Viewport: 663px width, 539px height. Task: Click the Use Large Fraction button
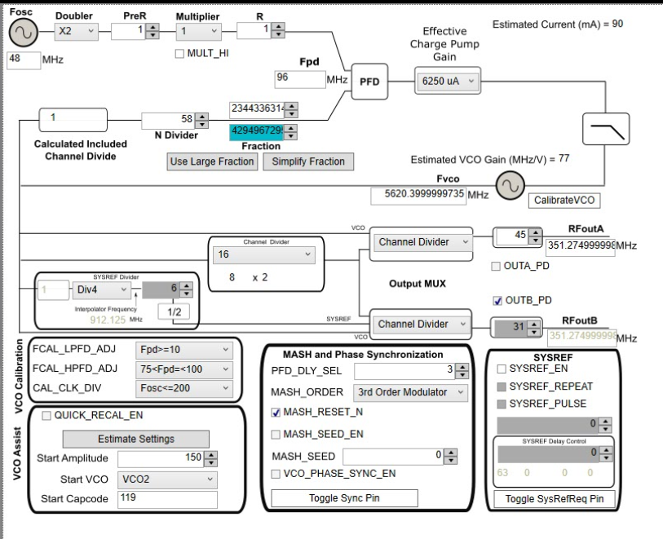click(x=212, y=161)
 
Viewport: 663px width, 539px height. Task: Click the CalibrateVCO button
click(x=563, y=199)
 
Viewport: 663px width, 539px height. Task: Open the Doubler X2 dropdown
click(x=77, y=31)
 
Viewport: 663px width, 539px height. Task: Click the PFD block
click(x=370, y=81)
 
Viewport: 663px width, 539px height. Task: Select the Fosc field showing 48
click(x=24, y=59)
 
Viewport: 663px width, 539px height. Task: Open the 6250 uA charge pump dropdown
click(x=447, y=82)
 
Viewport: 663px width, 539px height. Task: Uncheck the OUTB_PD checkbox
click(x=498, y=300)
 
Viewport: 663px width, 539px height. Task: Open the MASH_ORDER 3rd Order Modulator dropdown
click(x=412, y=392)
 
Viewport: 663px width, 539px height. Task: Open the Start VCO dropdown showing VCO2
click(x=167, y=479)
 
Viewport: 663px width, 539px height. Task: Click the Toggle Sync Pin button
click(x=344, y=497)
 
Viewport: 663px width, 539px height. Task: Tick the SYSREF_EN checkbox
click(x=502, y=369)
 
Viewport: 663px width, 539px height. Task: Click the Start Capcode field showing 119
click(x=167, y=498)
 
